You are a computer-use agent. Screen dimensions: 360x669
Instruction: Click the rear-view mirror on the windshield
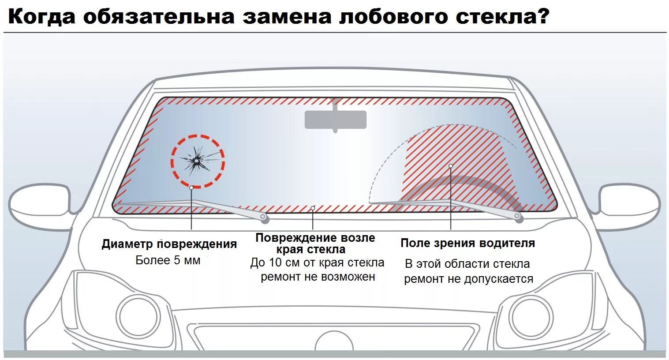(336, 119)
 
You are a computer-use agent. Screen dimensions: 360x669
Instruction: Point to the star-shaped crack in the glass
(197, 161)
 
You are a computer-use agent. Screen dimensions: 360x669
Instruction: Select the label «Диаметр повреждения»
(169, 244)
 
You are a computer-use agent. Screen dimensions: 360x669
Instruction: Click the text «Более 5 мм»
(168, 260)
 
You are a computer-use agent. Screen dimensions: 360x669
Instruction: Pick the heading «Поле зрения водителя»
(467, 243)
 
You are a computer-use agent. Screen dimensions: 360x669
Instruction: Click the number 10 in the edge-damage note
(275, 263)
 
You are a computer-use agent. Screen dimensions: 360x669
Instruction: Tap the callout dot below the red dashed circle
(191, 187)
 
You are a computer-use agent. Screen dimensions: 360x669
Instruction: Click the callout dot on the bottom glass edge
(313, 208)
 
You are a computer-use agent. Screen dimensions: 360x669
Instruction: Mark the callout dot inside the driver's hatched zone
(451, 166)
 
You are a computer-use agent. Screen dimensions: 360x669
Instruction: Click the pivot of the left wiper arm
(264, 217)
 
